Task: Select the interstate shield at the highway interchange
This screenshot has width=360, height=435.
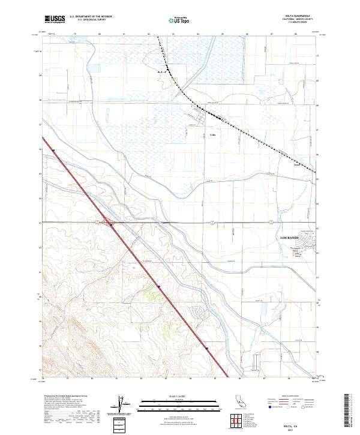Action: tap(112, 226)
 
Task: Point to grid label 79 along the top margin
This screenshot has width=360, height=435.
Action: tap(74, 34)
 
